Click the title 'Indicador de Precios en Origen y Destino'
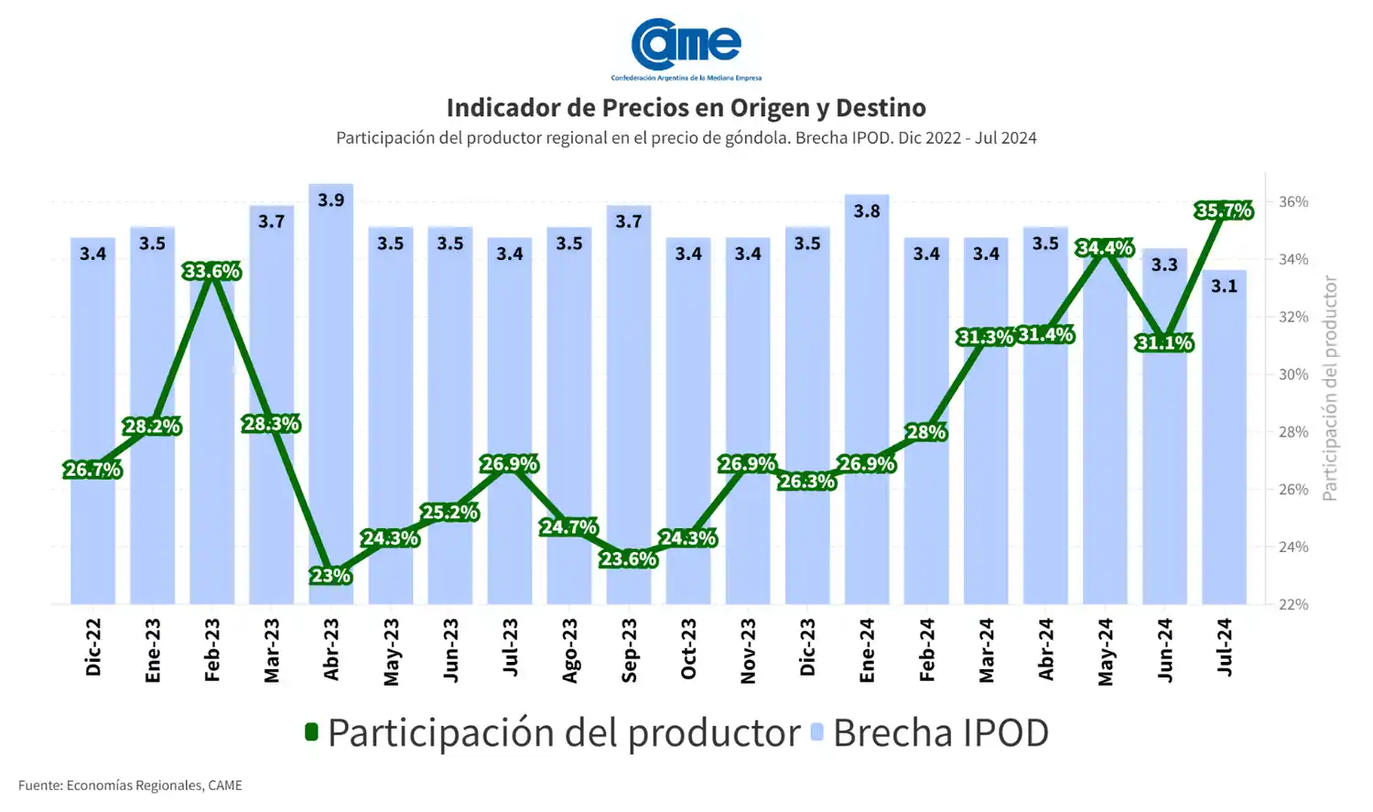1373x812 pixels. [686, 108]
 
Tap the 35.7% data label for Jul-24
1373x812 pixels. [1224, 211]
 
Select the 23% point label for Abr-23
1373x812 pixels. [330, 576]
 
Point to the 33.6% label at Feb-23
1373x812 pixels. [211, 271]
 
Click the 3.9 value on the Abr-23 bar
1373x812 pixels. [330, 200]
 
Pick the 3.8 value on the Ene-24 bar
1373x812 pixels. [867, 211]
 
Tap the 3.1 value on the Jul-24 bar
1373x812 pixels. [1224, 286]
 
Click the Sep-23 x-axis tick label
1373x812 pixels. [629, 650]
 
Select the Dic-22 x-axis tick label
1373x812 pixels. [92, 647]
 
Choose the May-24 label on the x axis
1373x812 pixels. [1106, 652]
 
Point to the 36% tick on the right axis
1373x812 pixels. [1293, 201]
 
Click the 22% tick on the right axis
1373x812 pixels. [1293, 604]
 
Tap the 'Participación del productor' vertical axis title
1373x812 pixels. [1330, 388]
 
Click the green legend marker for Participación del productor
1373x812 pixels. [311, 731]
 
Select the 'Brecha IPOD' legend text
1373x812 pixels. [940, 732]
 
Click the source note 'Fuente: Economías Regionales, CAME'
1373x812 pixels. [130, 785]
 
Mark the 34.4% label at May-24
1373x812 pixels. [1105, 248]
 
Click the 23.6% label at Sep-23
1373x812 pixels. [628, 558]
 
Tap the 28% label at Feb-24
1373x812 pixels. [926, 432]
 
